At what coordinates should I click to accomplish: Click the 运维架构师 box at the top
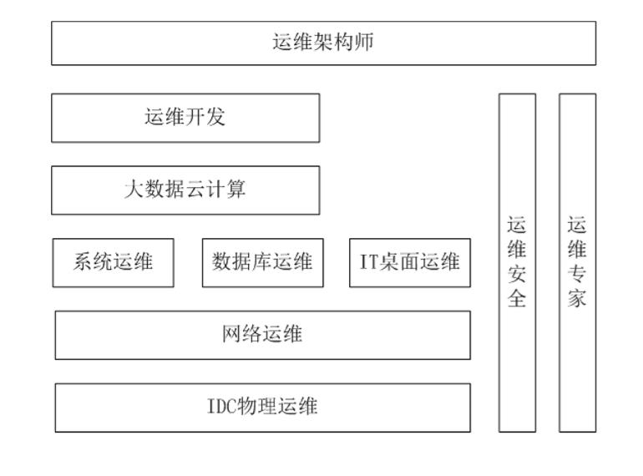pyautogui.click(x=323, y=43)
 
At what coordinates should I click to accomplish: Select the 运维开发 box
pyautogui.click(x=185, y=118)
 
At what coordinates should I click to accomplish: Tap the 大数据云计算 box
pyautogui.click(x=185, y=190)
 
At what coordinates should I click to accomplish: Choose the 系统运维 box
pyautogui.click(x=114, y=262)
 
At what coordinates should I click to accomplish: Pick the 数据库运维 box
pyautogui.click(x=262, y=262)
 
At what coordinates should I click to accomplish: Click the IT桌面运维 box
pyautogui.click(x=409, y=262)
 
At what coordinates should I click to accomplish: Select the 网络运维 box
pyautogui.click(x=262, y=335)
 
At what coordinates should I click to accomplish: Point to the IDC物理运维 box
pyautogui.click(x=262, y=408)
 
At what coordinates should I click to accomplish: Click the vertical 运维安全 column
pyautogui.click(x=517, y=262)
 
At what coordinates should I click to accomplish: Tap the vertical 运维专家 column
pyautogui.click(x=577, y=262)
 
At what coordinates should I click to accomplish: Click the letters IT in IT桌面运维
pyautogui.click(x=369, y=262)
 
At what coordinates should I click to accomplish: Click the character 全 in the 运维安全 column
pyautogui.click(x=517, y=299)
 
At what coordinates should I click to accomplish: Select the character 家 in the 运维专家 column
pyautogui.click(x=577, y=299)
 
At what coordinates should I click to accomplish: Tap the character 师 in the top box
pyautogui.click(x=363, y=43)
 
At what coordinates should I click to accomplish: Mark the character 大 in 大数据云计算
pyautogui.click(x=134, y=190)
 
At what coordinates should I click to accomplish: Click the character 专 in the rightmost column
pyautogui.click(x=577, y=275)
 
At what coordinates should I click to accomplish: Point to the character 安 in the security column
pyautogui.click(x=517, y=275)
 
